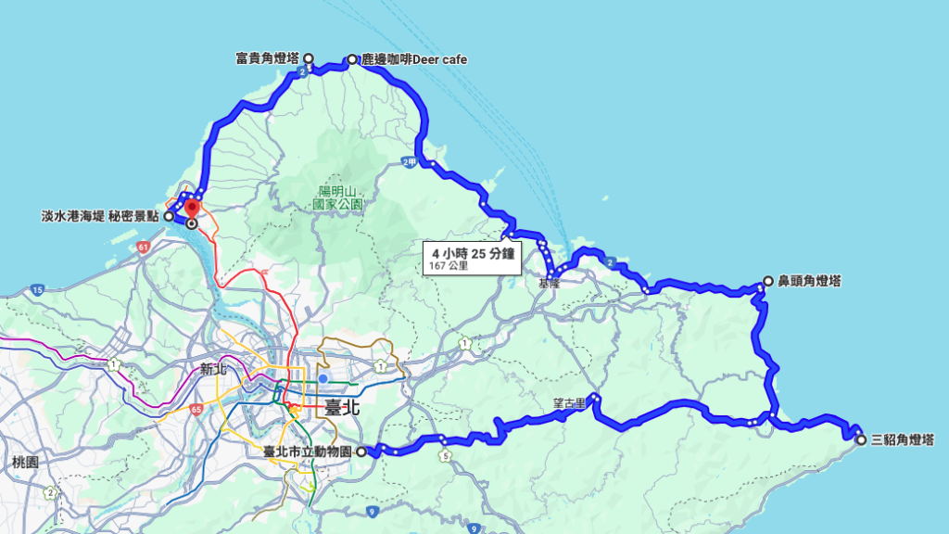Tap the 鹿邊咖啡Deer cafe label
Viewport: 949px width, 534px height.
point(413,60)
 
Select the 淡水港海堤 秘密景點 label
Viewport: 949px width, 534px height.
point(101,216)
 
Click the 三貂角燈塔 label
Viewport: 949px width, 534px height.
point(903,439)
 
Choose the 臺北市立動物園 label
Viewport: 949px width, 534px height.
point(308,452)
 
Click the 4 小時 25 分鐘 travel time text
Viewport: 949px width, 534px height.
point(473,251)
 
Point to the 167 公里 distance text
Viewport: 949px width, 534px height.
point(449,266)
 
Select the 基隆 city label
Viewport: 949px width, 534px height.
point(550,283)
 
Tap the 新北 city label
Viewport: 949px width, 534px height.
point(213,369)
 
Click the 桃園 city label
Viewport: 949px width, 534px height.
point(25,462)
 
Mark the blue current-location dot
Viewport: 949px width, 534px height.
point(323,378)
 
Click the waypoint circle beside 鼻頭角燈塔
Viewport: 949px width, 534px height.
point(767,281)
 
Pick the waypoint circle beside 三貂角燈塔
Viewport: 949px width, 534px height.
point(861,439)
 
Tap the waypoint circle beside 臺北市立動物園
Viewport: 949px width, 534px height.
point(361,452)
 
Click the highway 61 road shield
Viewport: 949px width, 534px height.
point(143,248)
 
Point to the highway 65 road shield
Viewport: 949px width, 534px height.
point(196,408)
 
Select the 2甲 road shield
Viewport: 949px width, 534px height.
point(410,162)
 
